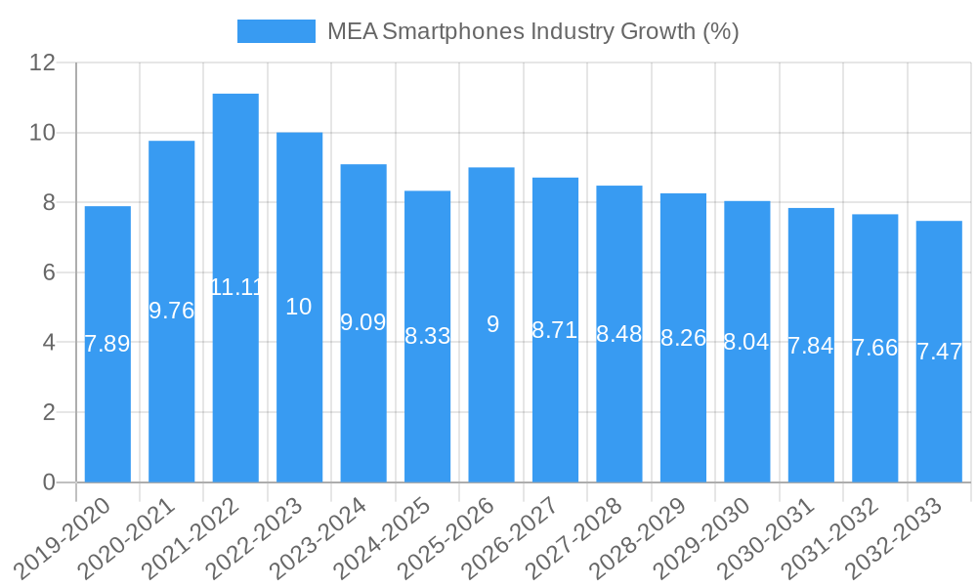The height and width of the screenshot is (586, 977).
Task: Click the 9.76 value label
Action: [172, 311]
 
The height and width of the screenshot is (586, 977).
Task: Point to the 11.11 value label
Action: [235, 287]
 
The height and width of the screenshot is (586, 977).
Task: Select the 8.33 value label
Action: [428, 336]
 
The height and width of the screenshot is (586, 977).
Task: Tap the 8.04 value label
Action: [746, 342]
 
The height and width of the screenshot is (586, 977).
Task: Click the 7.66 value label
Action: [874, 348]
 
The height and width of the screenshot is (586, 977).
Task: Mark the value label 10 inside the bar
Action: [299, 307]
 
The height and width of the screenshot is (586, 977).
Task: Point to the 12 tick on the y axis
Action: [43, 63]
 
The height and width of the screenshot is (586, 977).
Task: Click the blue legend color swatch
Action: [276, 31]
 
